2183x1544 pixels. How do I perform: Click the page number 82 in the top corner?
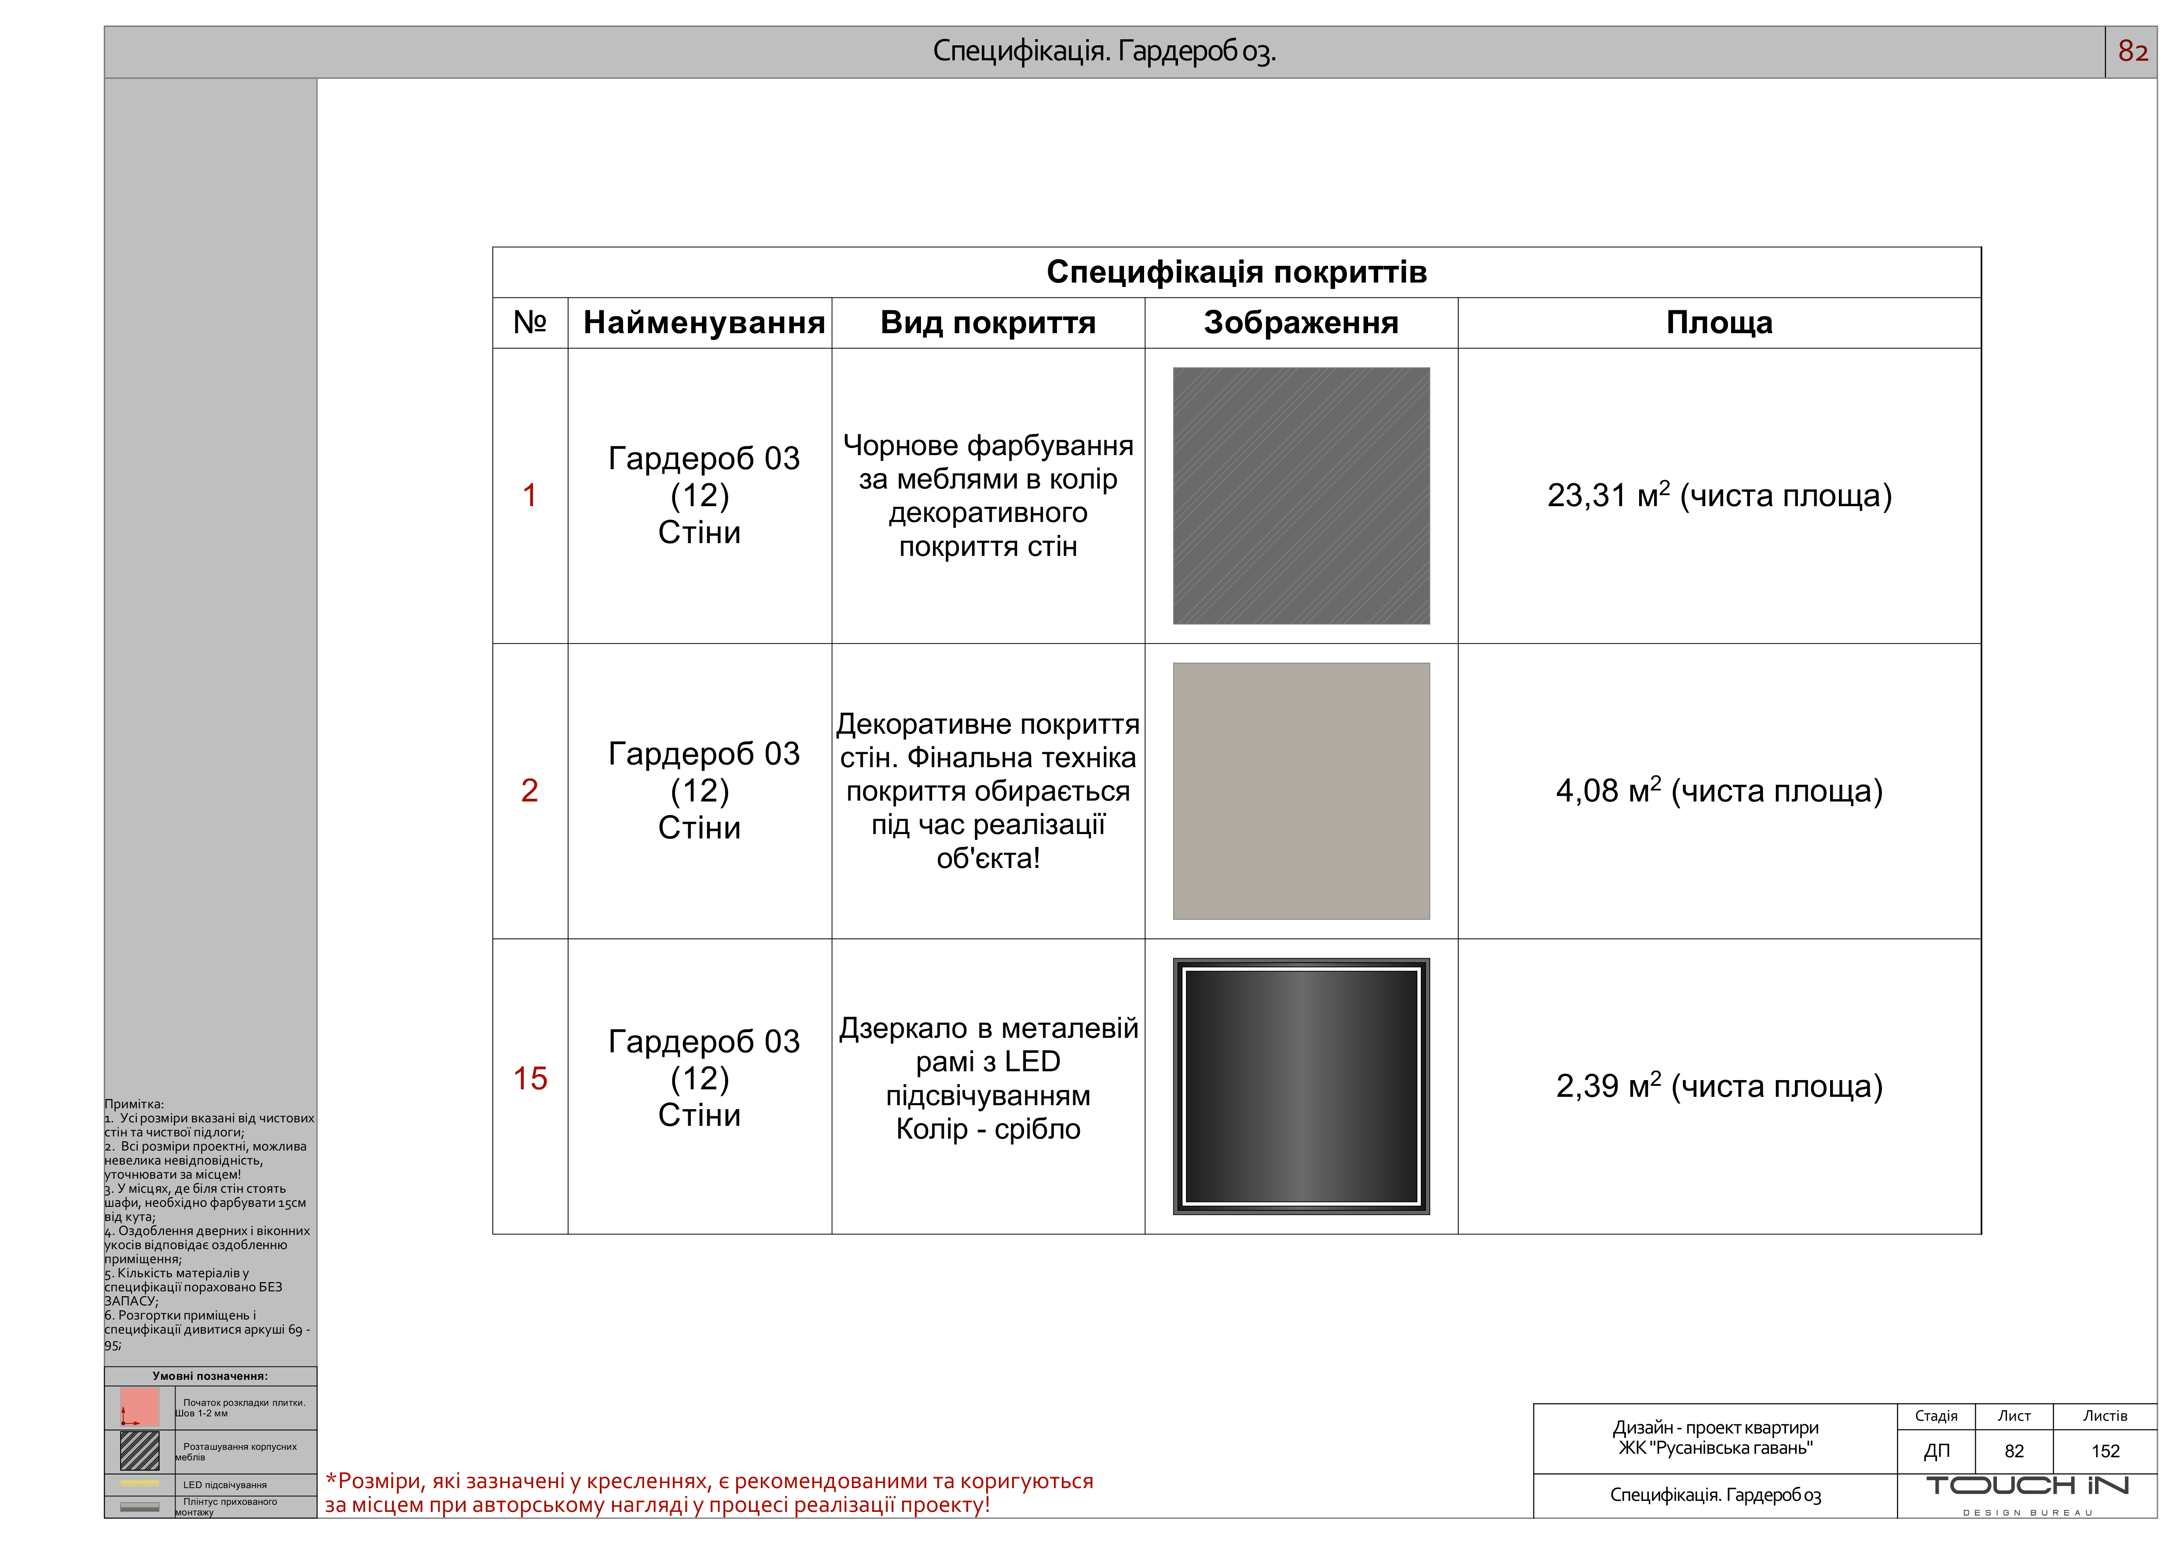[x=2132, y=51]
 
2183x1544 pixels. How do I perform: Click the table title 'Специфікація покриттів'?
[x=1236, y=273]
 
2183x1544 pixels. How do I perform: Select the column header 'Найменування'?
[x=704, y=323]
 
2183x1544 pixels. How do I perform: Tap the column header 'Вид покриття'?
[x=988, y=323]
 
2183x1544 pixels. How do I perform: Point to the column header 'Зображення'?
[x=1301, y=323]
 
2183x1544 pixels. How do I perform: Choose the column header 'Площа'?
[x=1719, y=323]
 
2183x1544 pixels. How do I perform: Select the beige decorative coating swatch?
[x=1301, y=791]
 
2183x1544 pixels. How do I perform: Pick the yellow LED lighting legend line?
[x=140, y=1483]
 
